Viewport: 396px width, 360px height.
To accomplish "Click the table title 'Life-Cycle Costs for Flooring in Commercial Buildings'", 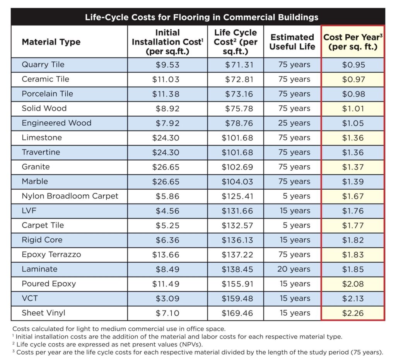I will (x=198, y=17).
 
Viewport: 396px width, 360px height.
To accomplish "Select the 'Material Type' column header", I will (x=51, y=42).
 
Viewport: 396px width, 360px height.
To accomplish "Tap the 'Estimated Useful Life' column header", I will (x=292, y=42).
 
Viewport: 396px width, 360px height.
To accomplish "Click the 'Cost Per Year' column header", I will (x=353, y=42).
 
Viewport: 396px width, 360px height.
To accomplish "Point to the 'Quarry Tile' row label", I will (x=43, y=65).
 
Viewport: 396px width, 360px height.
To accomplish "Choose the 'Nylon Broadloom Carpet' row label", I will (x=70, y=196).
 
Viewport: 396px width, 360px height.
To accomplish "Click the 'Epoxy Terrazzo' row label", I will (x=51, y=255).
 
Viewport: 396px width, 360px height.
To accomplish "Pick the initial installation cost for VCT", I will (x=167, y=298).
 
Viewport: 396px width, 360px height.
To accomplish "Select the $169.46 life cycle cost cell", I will (x=237, y=313).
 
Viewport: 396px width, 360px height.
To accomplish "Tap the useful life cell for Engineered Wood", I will (x=294, y=123).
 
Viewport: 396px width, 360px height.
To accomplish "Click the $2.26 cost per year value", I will (x=353, y=313).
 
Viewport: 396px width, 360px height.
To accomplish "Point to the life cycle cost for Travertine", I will (x=237, y=152).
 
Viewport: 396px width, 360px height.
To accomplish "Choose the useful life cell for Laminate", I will (x=294, y=269).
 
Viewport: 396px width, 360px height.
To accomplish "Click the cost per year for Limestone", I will (x=353, y=138).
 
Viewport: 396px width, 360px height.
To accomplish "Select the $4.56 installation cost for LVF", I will (x=167, y=211).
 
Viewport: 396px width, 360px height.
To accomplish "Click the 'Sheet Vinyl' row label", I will (x=43, y=313).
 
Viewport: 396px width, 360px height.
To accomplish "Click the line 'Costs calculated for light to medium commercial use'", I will (x=119, y=329).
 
